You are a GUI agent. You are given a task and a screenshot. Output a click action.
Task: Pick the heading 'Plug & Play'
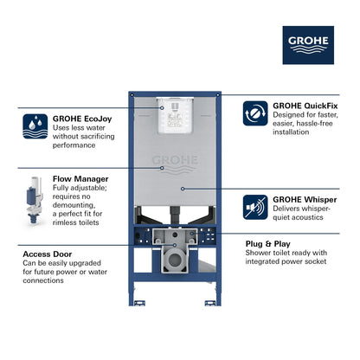pos(295,245)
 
